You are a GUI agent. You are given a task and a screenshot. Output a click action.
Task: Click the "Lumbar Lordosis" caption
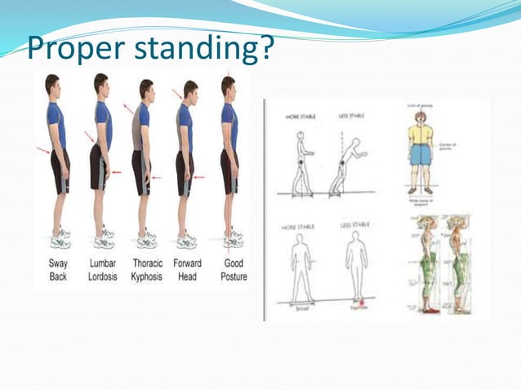click(x=103, y=270)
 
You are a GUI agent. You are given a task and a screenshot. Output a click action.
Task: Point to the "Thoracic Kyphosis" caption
click(x=147, y=270)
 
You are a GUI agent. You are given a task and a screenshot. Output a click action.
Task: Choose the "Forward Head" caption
click(x=188, y=270)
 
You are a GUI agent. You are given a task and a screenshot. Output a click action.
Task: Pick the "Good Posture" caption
click(x=234, y=270)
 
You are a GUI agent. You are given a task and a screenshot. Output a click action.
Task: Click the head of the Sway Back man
click(x=52, y=84)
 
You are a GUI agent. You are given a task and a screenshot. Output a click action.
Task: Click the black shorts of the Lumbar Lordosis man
click(x=99, y=166)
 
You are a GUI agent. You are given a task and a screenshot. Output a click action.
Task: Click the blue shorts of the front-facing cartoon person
click(x=420, y=153)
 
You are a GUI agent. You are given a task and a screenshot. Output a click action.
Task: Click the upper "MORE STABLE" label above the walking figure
click(x=300, y=117)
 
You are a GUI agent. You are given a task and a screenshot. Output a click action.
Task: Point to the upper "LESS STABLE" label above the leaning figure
click(x=351, y=117)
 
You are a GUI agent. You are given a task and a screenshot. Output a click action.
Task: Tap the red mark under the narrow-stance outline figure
click(x=356, y=303)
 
